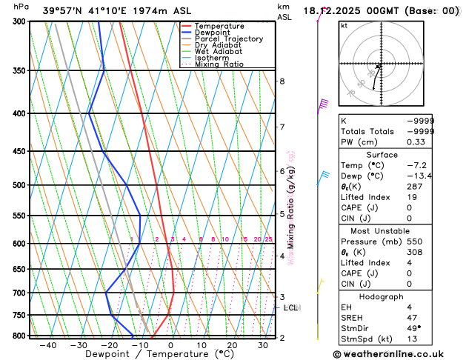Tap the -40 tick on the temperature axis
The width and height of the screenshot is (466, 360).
click(48, 345)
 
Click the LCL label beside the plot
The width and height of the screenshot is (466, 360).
click(290, 307)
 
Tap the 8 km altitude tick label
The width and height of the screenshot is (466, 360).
click(282, 81)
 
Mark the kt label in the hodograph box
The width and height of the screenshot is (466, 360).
click(344, 26)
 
